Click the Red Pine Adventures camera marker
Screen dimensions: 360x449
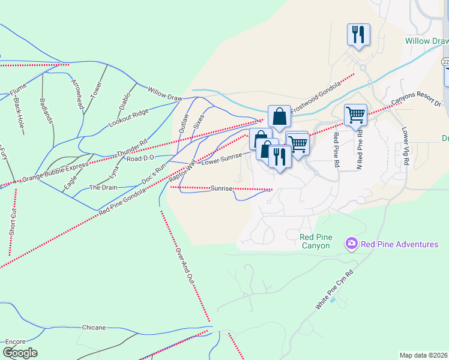point(351,244)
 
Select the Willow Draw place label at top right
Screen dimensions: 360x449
point(426,41)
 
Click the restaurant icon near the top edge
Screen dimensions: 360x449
point(359,34)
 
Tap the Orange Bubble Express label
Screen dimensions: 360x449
point(55,171)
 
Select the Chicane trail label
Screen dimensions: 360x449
point(94,328)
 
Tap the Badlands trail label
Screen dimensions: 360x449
point(47,110)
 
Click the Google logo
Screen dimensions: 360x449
point(20,353)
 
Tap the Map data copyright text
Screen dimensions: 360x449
point(423,355)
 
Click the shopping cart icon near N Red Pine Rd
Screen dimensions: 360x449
point(356,114)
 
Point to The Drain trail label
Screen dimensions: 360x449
point(103,187)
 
